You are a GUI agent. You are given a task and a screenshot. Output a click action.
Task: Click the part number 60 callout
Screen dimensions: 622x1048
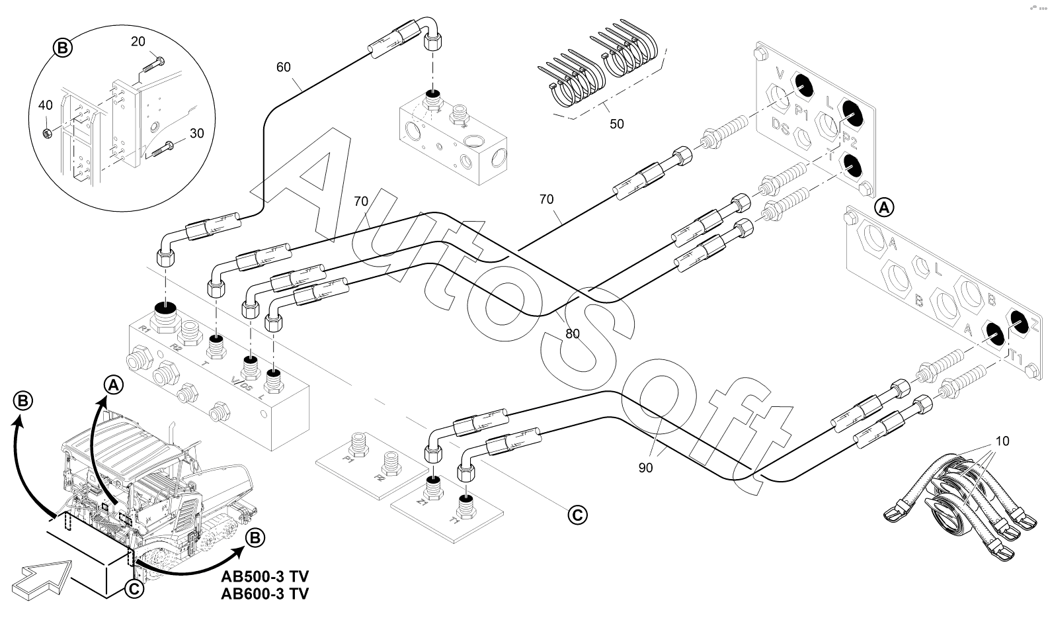283,67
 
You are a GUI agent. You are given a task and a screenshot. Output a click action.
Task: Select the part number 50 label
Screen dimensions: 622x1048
616,124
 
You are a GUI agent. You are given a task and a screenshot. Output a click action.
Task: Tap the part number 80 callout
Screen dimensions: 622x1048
573,334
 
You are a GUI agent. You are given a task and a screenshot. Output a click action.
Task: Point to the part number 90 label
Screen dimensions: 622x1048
646,468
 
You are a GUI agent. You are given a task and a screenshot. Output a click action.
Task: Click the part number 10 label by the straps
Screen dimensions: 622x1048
1003,441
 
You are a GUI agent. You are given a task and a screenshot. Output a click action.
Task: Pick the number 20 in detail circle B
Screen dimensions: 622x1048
138,41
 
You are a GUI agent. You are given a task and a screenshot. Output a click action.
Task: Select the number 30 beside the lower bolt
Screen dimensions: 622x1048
196,133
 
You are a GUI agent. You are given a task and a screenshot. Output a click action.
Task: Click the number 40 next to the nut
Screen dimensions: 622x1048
45,105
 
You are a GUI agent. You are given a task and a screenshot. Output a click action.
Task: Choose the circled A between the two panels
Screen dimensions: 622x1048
884,207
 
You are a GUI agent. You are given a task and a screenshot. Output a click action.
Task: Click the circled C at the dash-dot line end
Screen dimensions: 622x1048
577,513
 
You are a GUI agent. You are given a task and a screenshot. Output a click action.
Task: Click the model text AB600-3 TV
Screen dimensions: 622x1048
264,593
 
